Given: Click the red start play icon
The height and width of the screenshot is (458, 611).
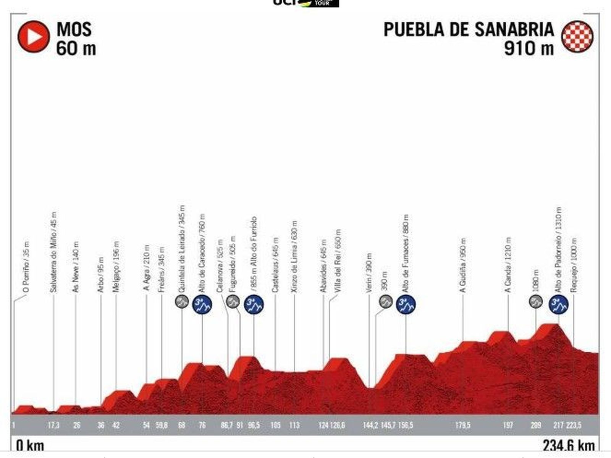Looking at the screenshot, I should click(34, 37).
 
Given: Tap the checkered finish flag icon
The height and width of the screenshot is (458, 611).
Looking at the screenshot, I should click(577, 37).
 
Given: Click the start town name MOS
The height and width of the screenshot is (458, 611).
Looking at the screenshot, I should click(74, 29).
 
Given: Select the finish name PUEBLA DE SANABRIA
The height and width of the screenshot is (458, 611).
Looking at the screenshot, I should click(469, 29).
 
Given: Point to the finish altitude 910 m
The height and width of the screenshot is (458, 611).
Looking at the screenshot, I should click(529, 49).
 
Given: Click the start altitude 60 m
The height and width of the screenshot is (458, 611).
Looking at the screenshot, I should click(76, 49).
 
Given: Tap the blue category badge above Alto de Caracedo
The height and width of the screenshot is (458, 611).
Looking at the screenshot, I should click(202, 304).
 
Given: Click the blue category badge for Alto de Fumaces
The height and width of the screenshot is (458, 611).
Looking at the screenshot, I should click(406, 304).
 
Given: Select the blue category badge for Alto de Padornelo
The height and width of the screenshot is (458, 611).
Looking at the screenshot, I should click(559, 304).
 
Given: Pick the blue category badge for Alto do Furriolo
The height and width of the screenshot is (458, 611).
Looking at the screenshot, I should click(254, 304).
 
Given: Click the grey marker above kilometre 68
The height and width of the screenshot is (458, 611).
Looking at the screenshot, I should click(182, 301).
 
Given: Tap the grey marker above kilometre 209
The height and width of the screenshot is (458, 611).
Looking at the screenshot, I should click(536, 301).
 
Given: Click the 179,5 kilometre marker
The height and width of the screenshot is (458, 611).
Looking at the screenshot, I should click(463, 425).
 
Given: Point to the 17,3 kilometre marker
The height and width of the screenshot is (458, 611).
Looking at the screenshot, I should click(53, 425).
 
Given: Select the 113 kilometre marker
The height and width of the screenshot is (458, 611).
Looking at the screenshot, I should click(294, 425).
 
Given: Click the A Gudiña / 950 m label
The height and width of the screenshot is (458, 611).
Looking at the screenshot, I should click(463, 266).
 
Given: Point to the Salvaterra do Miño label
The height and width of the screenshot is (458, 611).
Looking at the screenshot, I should click(54, 252).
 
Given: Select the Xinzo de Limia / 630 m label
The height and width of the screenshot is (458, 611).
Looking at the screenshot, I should click(294, 257).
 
